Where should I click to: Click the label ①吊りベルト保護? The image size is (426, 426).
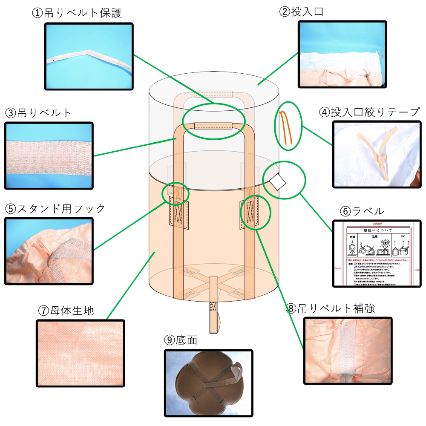pos(77,13)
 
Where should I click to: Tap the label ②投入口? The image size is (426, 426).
pos(301,12)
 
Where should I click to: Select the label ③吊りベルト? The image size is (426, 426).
pos(39,113)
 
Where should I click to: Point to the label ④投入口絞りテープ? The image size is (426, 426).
pos(369,112)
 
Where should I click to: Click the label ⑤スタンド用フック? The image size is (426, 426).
pos(55,209)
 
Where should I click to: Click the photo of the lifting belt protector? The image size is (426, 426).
pos(89,56)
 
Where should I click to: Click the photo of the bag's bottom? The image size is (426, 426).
pos(208,383)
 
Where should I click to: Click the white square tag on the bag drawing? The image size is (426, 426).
pos(278,182)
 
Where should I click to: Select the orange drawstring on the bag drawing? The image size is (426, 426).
pos(285,127)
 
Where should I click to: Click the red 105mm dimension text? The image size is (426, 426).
pos(377,224)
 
